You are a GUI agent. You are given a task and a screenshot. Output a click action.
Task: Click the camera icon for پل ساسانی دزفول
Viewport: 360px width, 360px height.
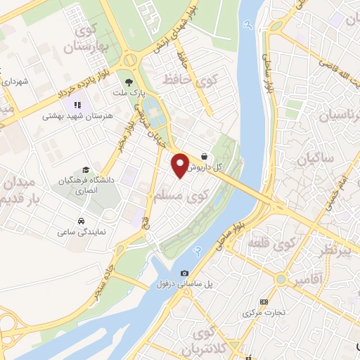tap(184, 273)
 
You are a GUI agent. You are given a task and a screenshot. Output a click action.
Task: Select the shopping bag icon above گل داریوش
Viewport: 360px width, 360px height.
tap(204, 156)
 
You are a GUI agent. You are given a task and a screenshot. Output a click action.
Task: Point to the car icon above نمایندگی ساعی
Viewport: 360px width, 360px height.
tap(82, 219)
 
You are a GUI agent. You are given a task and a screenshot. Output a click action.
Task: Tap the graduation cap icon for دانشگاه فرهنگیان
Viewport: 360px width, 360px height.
tap(85, 170)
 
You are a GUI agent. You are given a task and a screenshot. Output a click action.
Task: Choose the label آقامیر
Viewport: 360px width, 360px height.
tap(310, 281)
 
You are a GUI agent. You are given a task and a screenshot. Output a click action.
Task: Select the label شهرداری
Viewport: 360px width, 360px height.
tap(15, 82)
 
